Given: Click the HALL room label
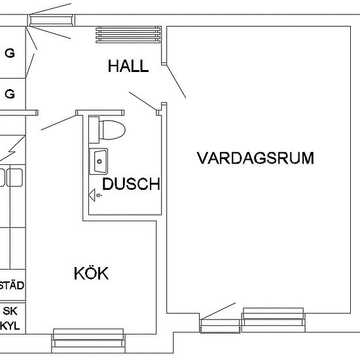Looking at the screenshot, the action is click(x=128, y=66).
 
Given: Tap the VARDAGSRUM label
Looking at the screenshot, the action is click(x=255, y=158).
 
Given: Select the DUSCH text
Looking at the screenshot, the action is click(x=131, y=184).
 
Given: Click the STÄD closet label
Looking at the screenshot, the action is click(x=12, y=285).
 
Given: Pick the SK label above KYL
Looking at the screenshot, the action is click(x=10, y=311).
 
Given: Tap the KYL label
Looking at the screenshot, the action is click(x=10, y=326).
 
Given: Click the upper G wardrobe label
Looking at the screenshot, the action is click(x=10, y=53).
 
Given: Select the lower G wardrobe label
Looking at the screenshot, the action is click(x=10, y=94).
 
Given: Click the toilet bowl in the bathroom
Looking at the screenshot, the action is click(x=113, y=130).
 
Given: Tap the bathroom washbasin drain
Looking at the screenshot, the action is click(x=99, y=162).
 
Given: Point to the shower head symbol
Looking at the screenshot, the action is click(x=95, y=195).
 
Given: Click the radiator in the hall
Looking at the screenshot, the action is click(x=128, y=35).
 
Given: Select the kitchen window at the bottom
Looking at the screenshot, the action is click(x=88, y=341).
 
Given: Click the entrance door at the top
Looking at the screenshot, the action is click(x=51, y=20).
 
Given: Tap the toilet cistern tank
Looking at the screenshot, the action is click(x=94, y=130).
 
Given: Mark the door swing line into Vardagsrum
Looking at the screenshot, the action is click(x=176, y=82).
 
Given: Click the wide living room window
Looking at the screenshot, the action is click(x=274, y=320).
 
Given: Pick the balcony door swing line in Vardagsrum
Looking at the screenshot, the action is click(x=218, y=311).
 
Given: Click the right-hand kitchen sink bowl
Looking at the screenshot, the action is click(x=14, y=177).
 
